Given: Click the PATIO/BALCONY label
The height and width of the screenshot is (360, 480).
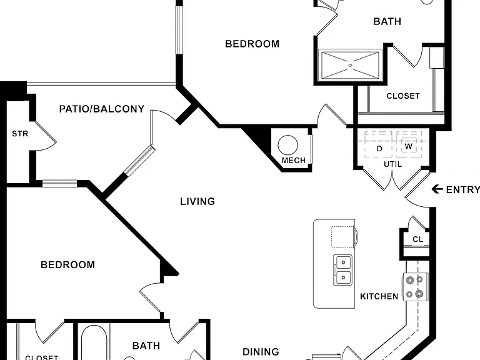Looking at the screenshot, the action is click(x=102, y=109).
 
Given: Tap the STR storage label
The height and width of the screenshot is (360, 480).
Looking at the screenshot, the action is click(x=20, y=134).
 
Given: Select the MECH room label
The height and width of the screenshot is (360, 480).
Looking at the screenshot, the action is click(x=294, y=161).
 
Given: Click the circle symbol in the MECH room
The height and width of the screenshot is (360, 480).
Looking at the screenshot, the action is click(x=287, y=145).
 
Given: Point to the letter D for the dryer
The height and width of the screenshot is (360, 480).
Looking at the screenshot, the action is click(x=379, y=149).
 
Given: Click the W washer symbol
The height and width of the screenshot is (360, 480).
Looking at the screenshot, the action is click(x=409, y=146).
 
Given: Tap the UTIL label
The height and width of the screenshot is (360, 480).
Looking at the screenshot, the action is click(x=392, y=164).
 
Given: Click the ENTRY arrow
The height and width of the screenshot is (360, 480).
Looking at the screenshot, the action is click(x=437, y=189).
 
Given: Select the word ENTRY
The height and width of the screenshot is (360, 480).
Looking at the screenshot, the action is click(x=463, y=190).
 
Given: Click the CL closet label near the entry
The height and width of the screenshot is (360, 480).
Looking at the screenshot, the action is click(x=418, y=239).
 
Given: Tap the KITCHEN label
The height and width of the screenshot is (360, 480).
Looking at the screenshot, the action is click(x=379, y=296).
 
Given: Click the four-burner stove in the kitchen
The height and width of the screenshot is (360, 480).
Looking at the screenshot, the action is click(x=415, y=287).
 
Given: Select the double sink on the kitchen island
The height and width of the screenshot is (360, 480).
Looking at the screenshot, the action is click(x=343, y=270).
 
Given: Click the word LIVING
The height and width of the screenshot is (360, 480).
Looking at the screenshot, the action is click(x=197, y=201).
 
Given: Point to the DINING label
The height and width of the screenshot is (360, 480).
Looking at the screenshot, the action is click(x=261, y=352).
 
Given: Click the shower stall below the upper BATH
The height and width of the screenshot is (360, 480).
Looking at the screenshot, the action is click(x=350, y=65).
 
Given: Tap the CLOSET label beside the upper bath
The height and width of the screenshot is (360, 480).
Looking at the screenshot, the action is click(x=403, y=96).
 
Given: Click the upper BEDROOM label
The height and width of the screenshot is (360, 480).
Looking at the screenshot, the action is click(x=252, y=44).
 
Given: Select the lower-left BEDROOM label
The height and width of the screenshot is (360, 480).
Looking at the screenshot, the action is click(x=67, y=265).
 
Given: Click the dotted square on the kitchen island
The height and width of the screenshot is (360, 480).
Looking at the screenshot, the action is click(x=342, y=237).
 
